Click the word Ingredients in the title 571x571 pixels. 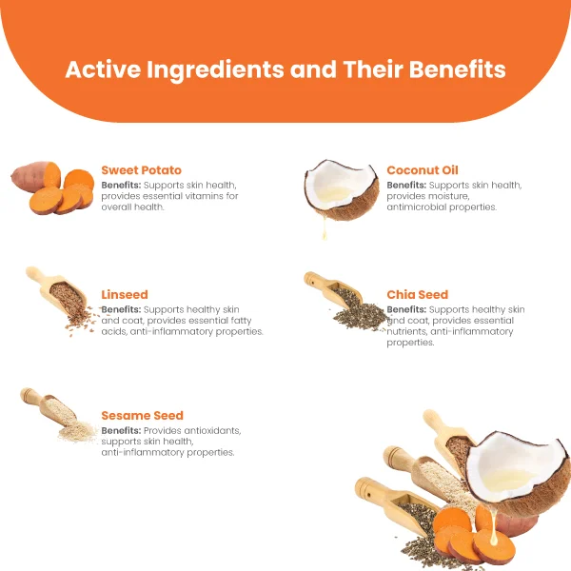pos(215,70)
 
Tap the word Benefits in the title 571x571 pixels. pos(458,69)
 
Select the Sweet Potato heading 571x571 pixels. pos(141,170)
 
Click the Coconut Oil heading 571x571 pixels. pos(423,170)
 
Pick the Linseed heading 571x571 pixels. pos(125,294)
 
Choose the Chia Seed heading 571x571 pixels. pos(418,294)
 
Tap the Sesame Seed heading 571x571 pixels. pos(142,415)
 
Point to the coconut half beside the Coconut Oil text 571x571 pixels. pos(342,189)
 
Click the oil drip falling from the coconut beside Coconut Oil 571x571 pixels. pos(325,228)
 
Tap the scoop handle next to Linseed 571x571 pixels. pos(35,275)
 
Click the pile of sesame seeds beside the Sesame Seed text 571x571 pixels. pos(77,431)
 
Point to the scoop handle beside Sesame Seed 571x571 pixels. pos(30,396)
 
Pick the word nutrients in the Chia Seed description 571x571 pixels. pos(406,331)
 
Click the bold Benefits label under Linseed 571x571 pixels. pos(121,309)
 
